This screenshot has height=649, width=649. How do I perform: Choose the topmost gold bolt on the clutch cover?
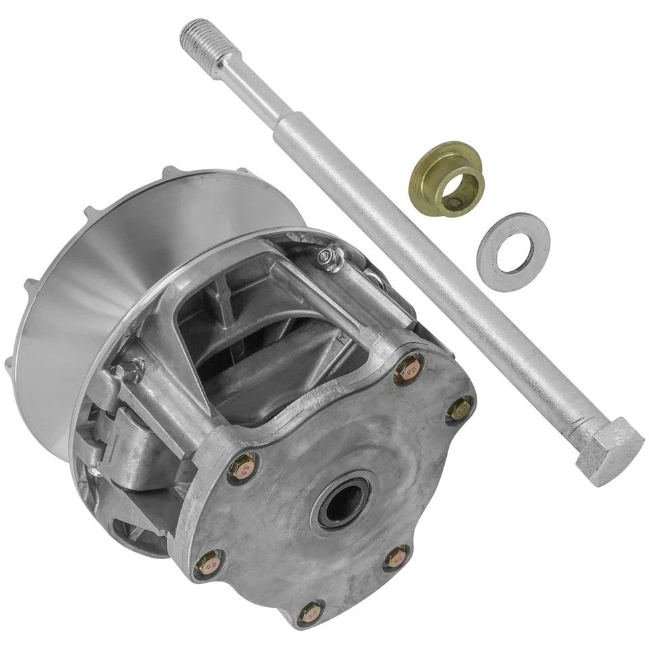coord(408,368)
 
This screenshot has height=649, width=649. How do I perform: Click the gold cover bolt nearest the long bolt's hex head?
coord(460,408)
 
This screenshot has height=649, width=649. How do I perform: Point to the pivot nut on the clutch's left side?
coord(128,370)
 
